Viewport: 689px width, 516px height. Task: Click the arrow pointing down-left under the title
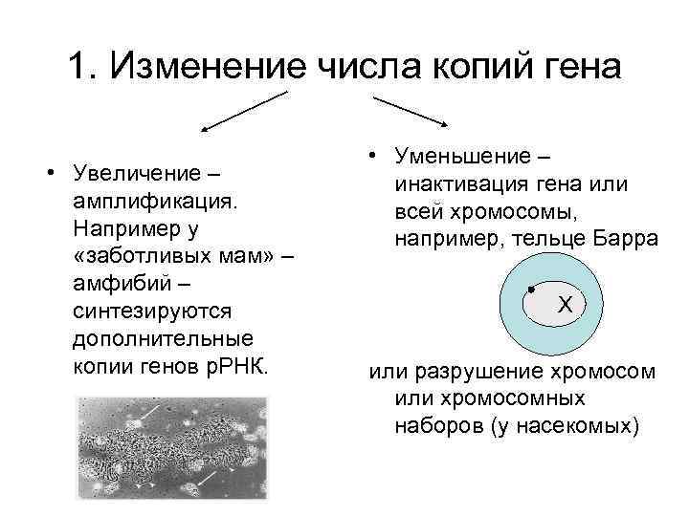click(x=243, y=110)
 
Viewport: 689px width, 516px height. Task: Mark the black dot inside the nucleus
click(x=529, y=288)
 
